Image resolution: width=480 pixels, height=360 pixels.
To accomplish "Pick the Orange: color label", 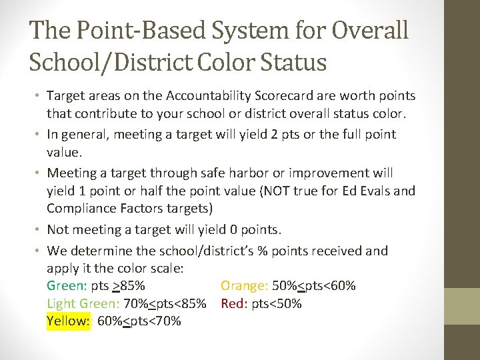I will coord(244,286).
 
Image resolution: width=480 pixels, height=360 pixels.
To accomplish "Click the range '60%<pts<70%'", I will coord(139,321).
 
